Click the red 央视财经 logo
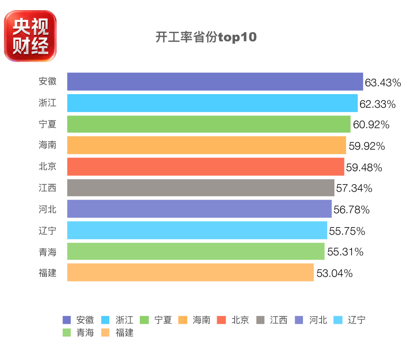(30, 36)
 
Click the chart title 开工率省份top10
(206, 37)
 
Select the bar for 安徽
(215, 81)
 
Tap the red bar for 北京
(206, 167)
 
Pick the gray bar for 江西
(201, 188)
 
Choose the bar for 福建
(190, 272)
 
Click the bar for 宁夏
(209, 124)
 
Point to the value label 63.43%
(383, 83)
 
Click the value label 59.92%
(367, 146)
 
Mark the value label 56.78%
(351, 210)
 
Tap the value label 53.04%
(334, 273)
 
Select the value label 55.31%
(345, 251)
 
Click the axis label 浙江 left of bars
(48, 103)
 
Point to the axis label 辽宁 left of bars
(48, 231)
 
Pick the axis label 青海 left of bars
(48, 252)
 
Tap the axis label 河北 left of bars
(48, 209)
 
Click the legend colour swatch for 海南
(183, 320)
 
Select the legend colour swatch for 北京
(221, 320)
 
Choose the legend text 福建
(124, 332)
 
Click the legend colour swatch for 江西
(260, 320)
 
